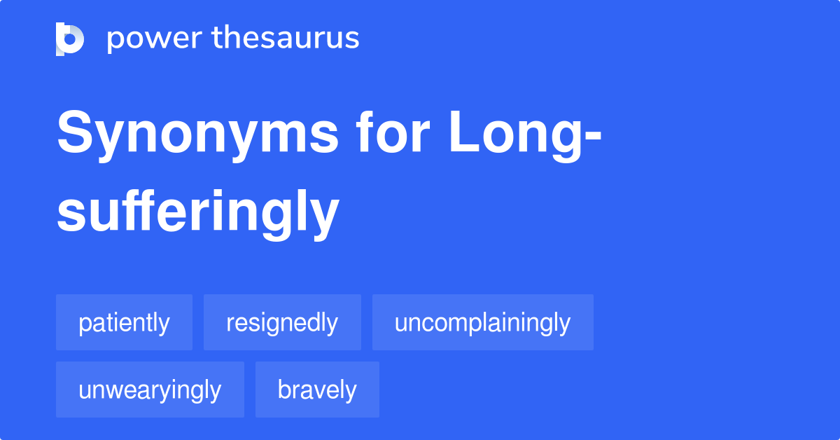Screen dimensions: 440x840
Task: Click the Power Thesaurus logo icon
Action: [70, 39]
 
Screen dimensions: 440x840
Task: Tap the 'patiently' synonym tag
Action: [124, 323]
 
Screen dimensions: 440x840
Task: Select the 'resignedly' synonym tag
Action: [282, 323]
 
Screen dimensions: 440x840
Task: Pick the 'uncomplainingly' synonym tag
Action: [482, 323]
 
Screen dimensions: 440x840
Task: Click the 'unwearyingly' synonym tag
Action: [150, 390]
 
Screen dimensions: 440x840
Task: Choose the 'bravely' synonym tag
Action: [317, 390]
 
